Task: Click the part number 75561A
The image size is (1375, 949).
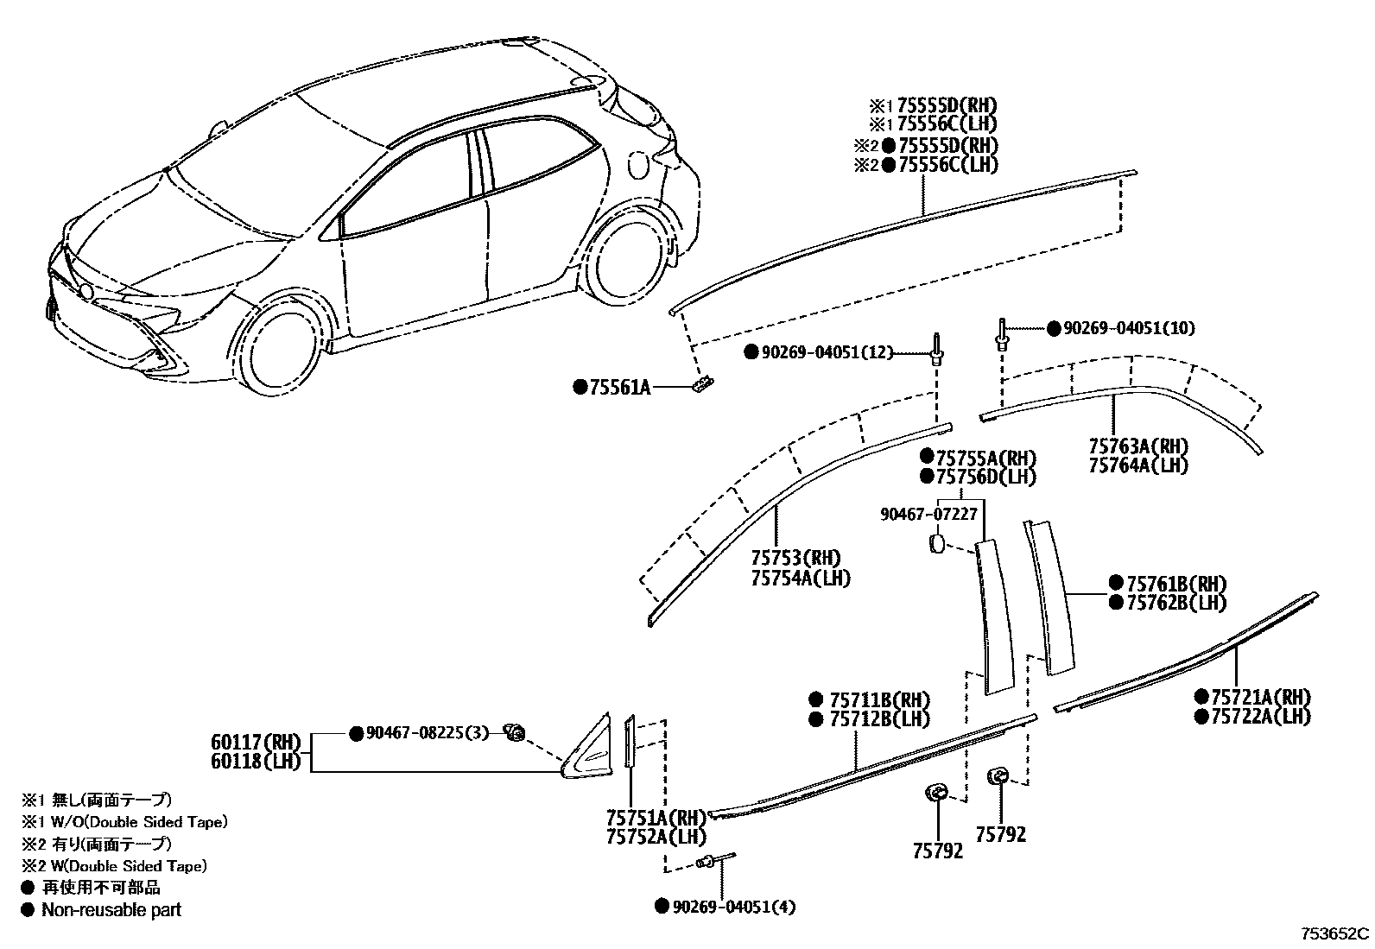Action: pyautogui.click(x=619, y=388)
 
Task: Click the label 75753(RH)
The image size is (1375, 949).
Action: pyautogui.click(x=795, y=559)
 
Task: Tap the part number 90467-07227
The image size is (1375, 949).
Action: pyautogui.click(x=928, y=514)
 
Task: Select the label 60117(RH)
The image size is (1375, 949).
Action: pyautogui.click(x=255, y=742)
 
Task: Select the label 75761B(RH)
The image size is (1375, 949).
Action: pyautogui.click(x=1176, y=584)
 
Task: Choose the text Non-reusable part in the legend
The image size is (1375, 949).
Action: pyautogui.click(x=111, y=909)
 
